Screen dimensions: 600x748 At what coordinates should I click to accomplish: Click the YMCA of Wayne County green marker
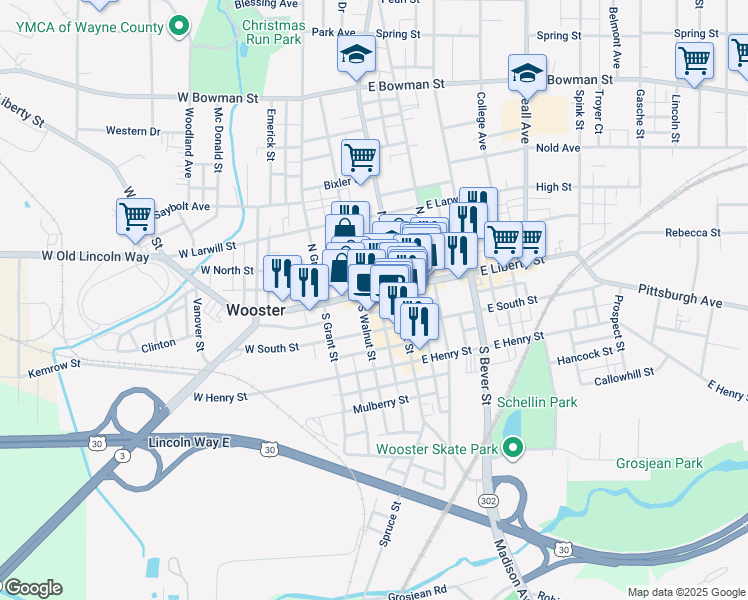179,25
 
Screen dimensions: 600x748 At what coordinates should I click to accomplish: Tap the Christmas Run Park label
273,32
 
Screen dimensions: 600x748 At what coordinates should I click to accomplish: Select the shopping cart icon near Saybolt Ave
135,215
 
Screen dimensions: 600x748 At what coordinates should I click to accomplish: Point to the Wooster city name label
257,310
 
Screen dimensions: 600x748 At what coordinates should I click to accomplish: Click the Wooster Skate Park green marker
513,448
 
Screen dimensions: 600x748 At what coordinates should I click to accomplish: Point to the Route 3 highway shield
120,456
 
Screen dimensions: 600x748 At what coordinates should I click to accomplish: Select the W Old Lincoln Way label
95,257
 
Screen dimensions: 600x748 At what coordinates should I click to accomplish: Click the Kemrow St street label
53,371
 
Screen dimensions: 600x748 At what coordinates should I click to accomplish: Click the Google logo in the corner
32,588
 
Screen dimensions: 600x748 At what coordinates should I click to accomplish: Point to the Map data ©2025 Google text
686,592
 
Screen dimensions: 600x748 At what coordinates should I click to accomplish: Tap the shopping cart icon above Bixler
360,155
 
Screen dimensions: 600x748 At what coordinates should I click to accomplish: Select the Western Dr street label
133,131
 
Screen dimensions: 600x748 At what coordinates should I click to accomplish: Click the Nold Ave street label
558,148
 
